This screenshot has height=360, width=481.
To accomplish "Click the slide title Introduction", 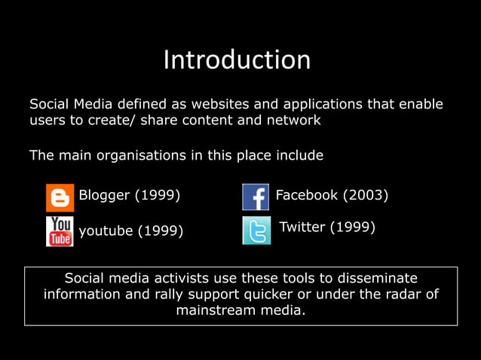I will [x=237, y=60].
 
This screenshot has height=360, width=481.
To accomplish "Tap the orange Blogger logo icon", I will [x=60, y=197].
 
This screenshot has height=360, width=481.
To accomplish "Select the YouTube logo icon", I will [x=60, y=231].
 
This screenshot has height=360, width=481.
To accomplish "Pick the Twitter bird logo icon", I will [x=256, y=230].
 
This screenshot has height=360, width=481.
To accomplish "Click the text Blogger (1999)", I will [x=130, y=196].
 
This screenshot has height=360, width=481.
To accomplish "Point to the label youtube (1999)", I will [x=131, y=230].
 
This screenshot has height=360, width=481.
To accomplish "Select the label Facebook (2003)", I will [x=332, y=196].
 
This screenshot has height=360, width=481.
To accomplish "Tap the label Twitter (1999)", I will [x=327, y=227].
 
